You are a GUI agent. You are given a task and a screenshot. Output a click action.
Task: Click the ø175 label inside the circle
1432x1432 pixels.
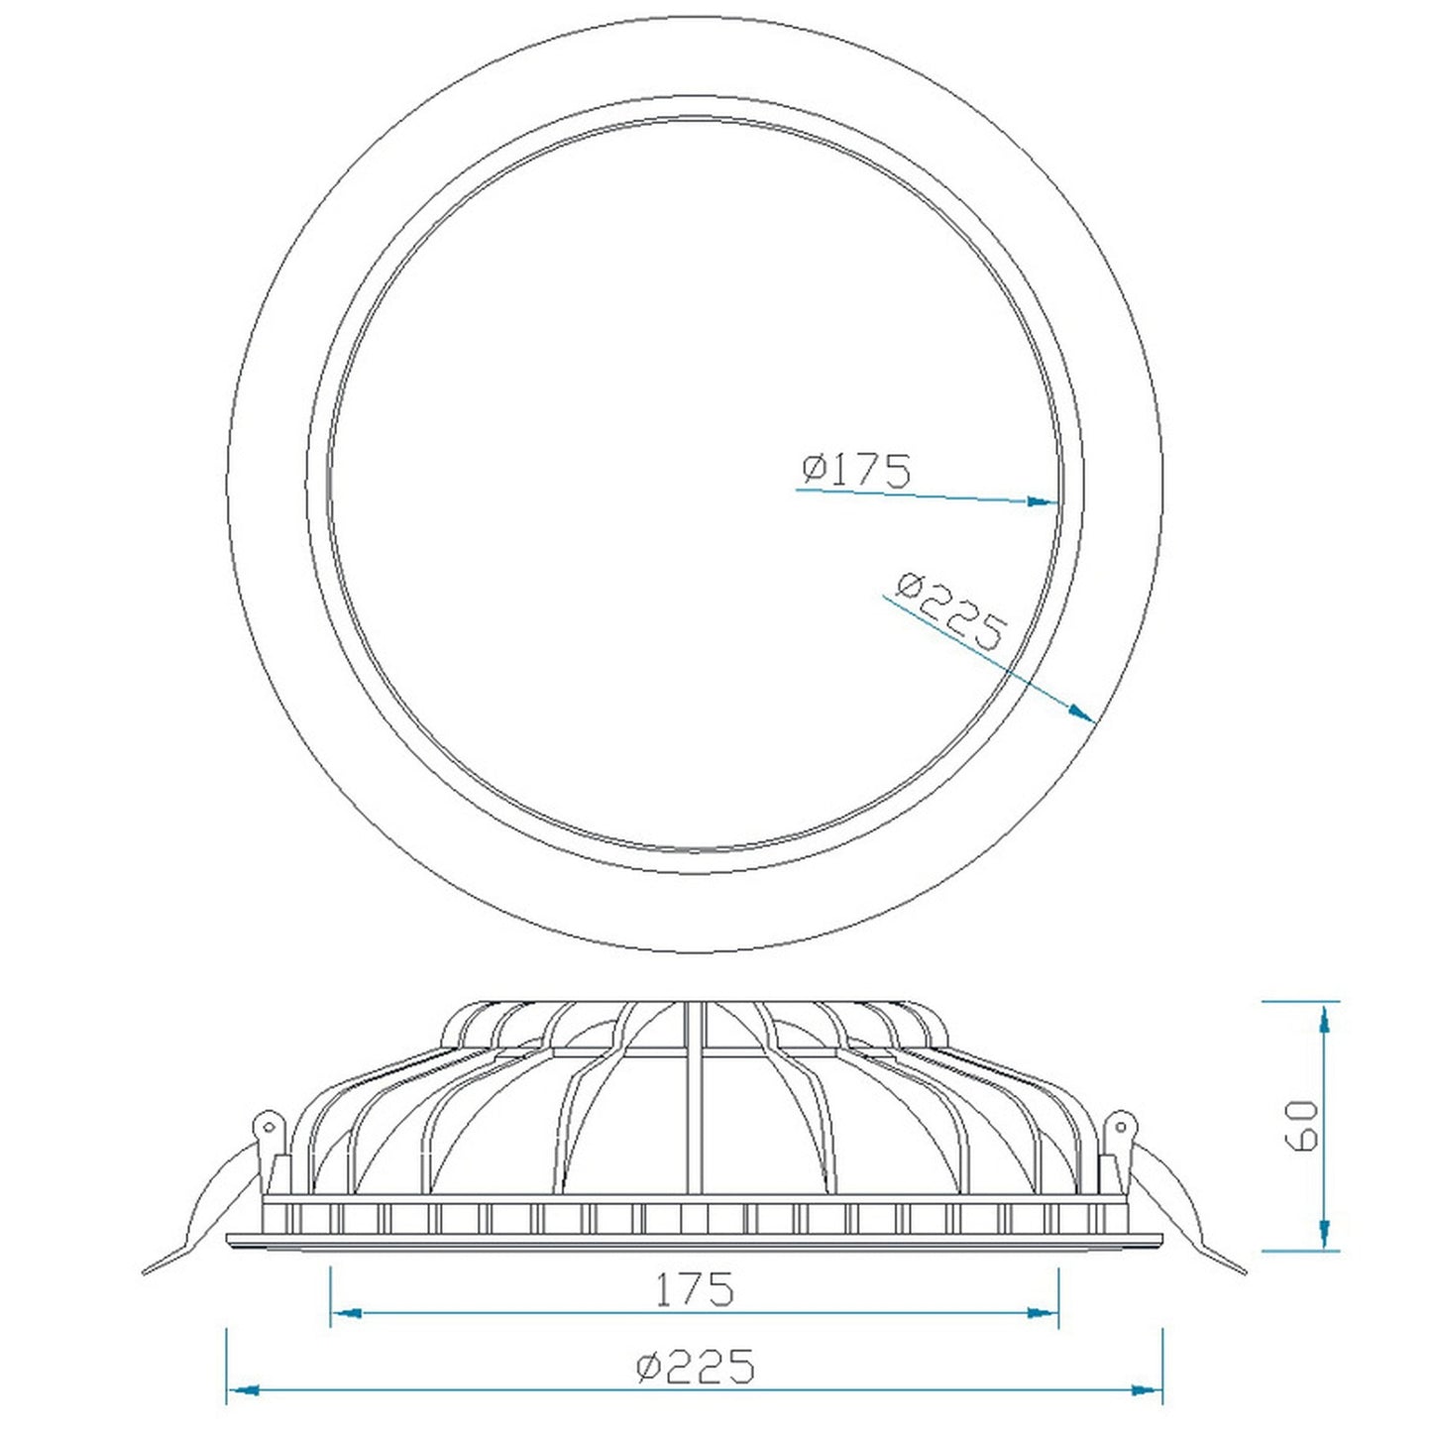click(856, 471)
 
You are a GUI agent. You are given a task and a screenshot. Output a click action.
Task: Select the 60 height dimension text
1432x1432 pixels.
click(1305, 1134)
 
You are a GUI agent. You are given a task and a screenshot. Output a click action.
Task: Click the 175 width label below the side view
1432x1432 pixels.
click(694, 1288)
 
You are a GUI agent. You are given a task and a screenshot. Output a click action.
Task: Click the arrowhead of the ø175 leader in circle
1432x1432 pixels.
click(1042, 502)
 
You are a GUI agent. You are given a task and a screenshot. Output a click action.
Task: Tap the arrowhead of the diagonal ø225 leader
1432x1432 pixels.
click(1081, 714)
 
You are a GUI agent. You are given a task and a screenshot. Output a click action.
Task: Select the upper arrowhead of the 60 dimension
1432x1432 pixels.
click(1324, 1020)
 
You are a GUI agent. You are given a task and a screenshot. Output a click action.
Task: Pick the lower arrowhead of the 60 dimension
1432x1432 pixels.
click(1324, 1234)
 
